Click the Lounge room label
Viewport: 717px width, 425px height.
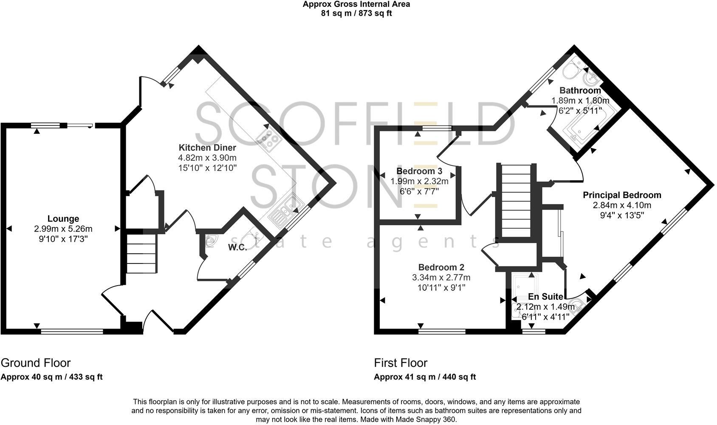63,219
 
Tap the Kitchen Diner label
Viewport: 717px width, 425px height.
207,148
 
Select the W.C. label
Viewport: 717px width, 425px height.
237,247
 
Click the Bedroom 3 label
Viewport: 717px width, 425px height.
419,171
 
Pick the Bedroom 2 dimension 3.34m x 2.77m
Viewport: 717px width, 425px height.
441,278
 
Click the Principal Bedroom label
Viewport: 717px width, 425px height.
622,195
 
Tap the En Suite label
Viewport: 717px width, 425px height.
545,297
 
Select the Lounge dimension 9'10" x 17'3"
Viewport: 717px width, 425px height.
63,239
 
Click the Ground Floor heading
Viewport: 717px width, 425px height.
36,363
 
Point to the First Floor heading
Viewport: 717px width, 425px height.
401,363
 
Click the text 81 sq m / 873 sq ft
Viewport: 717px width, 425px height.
356,13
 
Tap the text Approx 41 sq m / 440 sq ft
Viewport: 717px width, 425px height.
425,377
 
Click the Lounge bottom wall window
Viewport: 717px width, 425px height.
72,331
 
